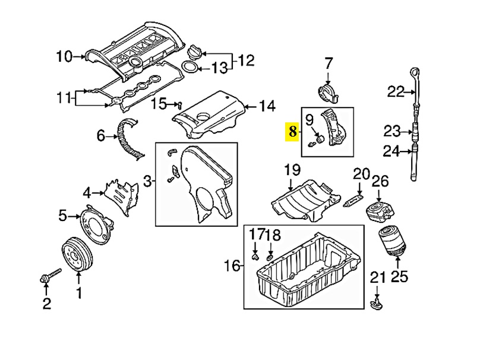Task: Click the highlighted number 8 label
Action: pyautogui.click(x=292, y=131)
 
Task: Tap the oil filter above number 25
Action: pyautogui.click(x=390, y=241)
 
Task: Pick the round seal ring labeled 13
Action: pyautogui.click(x=190, y=68)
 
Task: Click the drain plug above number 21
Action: pyautogui.click(x=376, y=303)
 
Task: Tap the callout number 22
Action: pyautogui.click(x=396, y=92)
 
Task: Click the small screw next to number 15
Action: pyautogui.click(x=179, y=105)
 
